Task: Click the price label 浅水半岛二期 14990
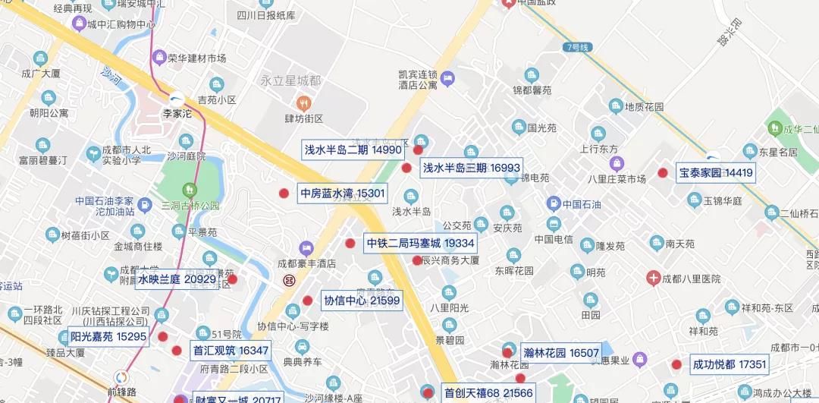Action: click(353, 150)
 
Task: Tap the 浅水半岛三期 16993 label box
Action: click(471, 168)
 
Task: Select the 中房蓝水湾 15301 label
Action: click(342, 194)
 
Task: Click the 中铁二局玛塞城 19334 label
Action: click(420, 244)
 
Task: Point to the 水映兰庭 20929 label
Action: click(177, 280)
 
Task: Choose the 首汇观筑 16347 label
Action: click(231, 351)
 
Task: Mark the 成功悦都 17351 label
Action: click(730, 365)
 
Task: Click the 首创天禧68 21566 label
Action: click(488, 393)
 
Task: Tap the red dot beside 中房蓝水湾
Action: click(284, 194)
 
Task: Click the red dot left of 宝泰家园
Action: click(662, 173)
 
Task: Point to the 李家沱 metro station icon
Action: click(176, 99)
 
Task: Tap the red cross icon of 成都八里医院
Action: click(652, 279)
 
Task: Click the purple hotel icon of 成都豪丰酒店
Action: click(306, 248)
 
